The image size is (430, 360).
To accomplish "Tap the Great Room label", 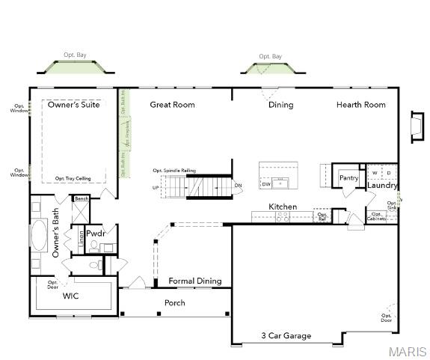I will tap(172, 105).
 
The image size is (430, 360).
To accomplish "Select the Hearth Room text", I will tap(360, 105).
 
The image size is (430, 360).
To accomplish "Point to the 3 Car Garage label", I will tap(286, 336).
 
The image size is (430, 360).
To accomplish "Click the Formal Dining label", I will tap(194, 281).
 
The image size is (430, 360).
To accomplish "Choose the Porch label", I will tap(174, 303).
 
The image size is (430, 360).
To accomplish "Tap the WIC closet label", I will tap(71, 296).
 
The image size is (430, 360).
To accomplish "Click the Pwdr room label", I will tap(95, 234).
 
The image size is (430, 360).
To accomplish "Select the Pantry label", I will tap(348, 178).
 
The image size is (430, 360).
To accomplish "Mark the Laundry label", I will tap(382, 186).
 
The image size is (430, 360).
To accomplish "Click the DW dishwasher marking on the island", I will tap(266, 183).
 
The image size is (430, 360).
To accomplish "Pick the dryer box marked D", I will tap(388, 173).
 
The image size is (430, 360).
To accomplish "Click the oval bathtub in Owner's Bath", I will tap(38, 234).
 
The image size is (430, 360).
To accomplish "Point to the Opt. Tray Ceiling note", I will tap(73, 179).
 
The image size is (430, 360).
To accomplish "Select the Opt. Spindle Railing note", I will tap(174, 171).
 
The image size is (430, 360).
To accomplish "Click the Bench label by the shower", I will tap(81, 199).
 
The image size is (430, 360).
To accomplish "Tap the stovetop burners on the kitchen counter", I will tap(283, 216).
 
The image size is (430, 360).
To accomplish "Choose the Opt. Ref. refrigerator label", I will tap(322, 216).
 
